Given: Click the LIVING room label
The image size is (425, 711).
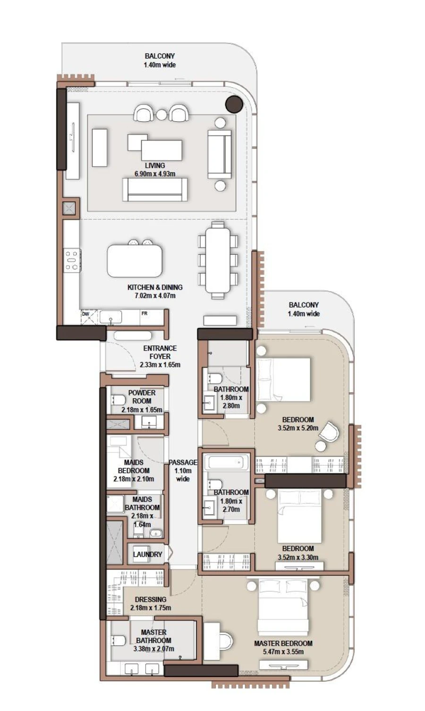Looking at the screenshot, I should point(155,166).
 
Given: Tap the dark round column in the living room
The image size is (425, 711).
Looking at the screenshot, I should point(234,104).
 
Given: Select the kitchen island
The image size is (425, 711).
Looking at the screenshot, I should point(135,260).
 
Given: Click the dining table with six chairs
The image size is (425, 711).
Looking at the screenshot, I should point(218,260).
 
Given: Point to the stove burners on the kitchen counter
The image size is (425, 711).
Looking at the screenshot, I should point(72,260).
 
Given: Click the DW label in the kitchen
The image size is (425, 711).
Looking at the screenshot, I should point(85,314).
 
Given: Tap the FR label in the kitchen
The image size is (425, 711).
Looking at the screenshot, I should point(144,314).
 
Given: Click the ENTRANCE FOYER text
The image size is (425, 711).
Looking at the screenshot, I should point(160,352).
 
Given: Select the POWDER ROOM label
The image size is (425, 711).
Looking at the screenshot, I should point(142,397).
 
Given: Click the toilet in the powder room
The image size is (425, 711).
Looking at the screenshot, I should point(117,400).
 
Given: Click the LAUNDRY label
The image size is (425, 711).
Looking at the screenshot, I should point(147,554).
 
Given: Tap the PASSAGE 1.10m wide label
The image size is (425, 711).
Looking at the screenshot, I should point(183,470).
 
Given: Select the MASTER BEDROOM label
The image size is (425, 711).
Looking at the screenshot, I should point(283,643).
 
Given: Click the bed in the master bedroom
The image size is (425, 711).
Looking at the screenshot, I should point(282,609).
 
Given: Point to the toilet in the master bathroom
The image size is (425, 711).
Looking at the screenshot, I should point(118,640).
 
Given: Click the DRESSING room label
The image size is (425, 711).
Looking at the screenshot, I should point(151,600).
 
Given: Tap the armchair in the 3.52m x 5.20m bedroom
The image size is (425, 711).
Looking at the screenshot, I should point(330,431).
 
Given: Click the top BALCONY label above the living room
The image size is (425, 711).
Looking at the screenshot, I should point(160,56).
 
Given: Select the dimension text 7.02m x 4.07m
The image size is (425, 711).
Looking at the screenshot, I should point(155,296).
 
